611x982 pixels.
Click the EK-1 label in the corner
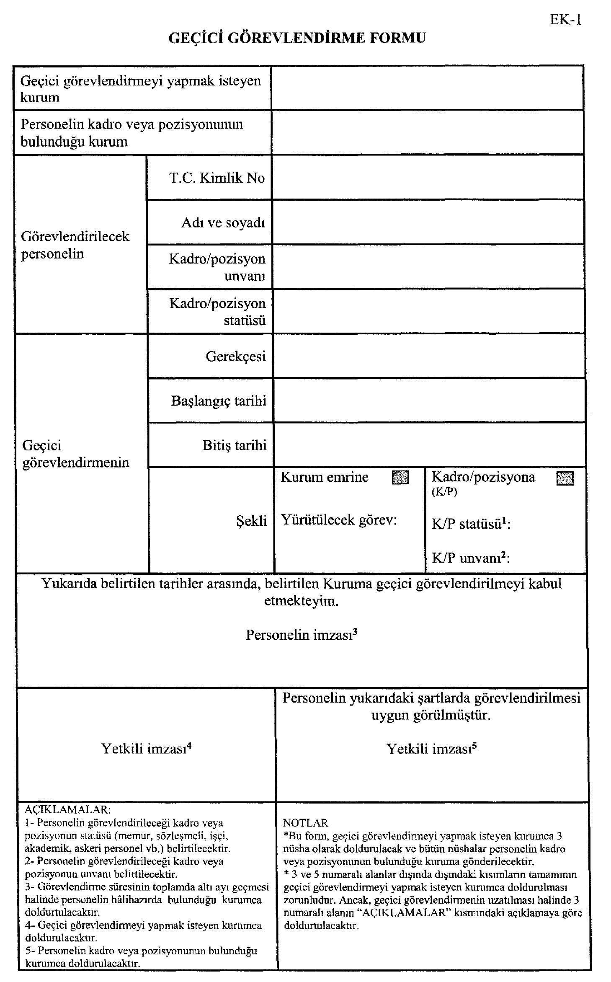point(565,20)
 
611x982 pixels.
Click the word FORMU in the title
point(397,38)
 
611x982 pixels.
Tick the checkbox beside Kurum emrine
point(400,478)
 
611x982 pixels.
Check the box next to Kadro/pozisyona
point(565,478)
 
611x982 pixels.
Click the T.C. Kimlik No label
point(217,178)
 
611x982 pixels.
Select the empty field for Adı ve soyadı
point(428,222)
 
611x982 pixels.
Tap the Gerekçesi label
point(235,357)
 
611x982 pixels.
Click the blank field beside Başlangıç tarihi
point(428,401)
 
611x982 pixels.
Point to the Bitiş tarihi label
point(235,445)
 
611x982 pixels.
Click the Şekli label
point(251,520)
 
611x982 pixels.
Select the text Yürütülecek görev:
point(338,520)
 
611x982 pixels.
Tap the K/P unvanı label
point(470,558)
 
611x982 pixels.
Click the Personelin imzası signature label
point(301,635)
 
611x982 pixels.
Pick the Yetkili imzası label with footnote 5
point(431,748)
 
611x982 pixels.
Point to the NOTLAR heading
point(305,823)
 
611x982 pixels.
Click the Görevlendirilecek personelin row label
point(75,245)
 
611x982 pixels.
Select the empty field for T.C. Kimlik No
point(428,178)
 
